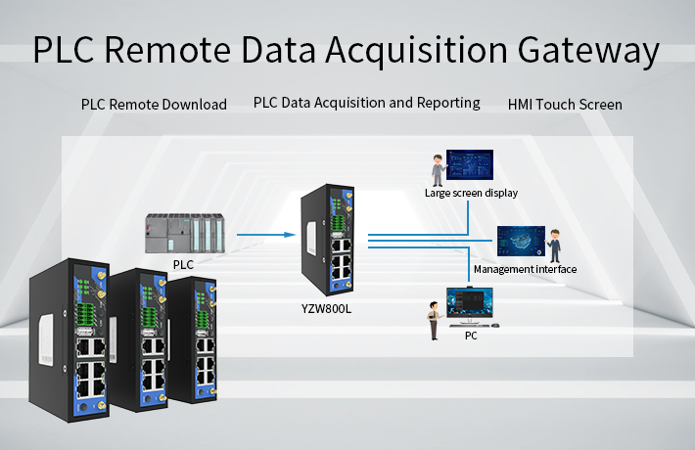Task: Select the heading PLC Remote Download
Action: click(x=154, y=104)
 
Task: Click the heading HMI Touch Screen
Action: click(x=565, y=104)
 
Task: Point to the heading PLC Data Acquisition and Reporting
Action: click(x=366, y=102)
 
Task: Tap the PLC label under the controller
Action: click(x=183, y=264)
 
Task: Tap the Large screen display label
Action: click(x=471, y=193)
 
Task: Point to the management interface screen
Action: click(x=521, y=242)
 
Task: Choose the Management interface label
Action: click(x=525, y=269)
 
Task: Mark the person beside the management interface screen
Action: click(x=555, y=245)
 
